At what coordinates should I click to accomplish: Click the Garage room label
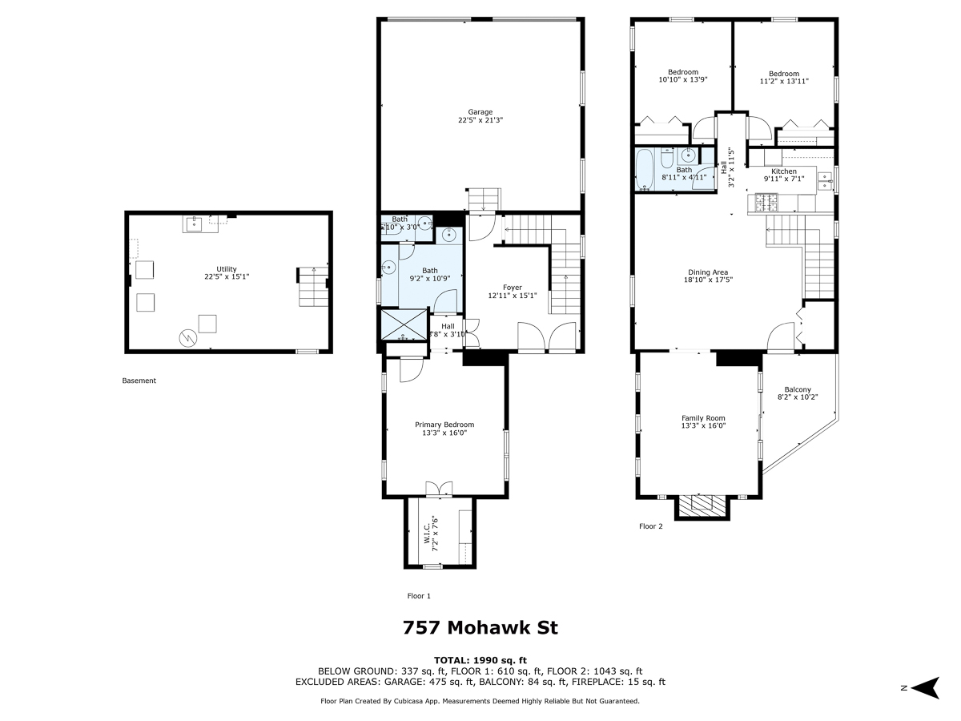pyautogui.click(x=480, y=112)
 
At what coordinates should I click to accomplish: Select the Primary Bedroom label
pyautogui.click(x=444, y=425)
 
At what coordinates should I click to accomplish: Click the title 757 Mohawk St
pyautogui.click(x=480, y=627)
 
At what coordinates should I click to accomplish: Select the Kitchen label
pyautogui.click(x=784, y=171)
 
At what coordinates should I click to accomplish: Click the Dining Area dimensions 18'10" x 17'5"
pyautogui.click(x=709, y=280)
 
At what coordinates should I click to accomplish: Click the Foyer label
pyautogui.click(x=512, y=288)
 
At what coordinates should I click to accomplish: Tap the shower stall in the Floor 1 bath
pyautogui.click(x=403, y=327)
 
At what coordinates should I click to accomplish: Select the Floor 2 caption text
pyautogui.click(x=651, y=526)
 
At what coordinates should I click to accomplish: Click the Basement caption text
pyautogui.click(x=139, y=381)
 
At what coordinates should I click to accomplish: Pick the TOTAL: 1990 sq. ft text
pyautogui.click(x=480, y=659)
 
